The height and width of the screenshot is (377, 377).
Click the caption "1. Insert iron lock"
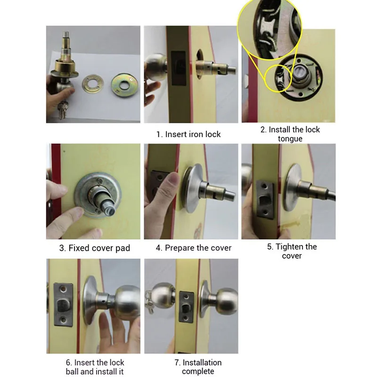click(x=188, y=134)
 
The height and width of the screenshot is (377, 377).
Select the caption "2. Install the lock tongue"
click(x=290, y=134)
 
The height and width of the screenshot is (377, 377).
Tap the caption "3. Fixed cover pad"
click(x=94, y=248)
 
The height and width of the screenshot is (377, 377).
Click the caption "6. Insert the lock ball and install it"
click(x=95, y=367)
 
